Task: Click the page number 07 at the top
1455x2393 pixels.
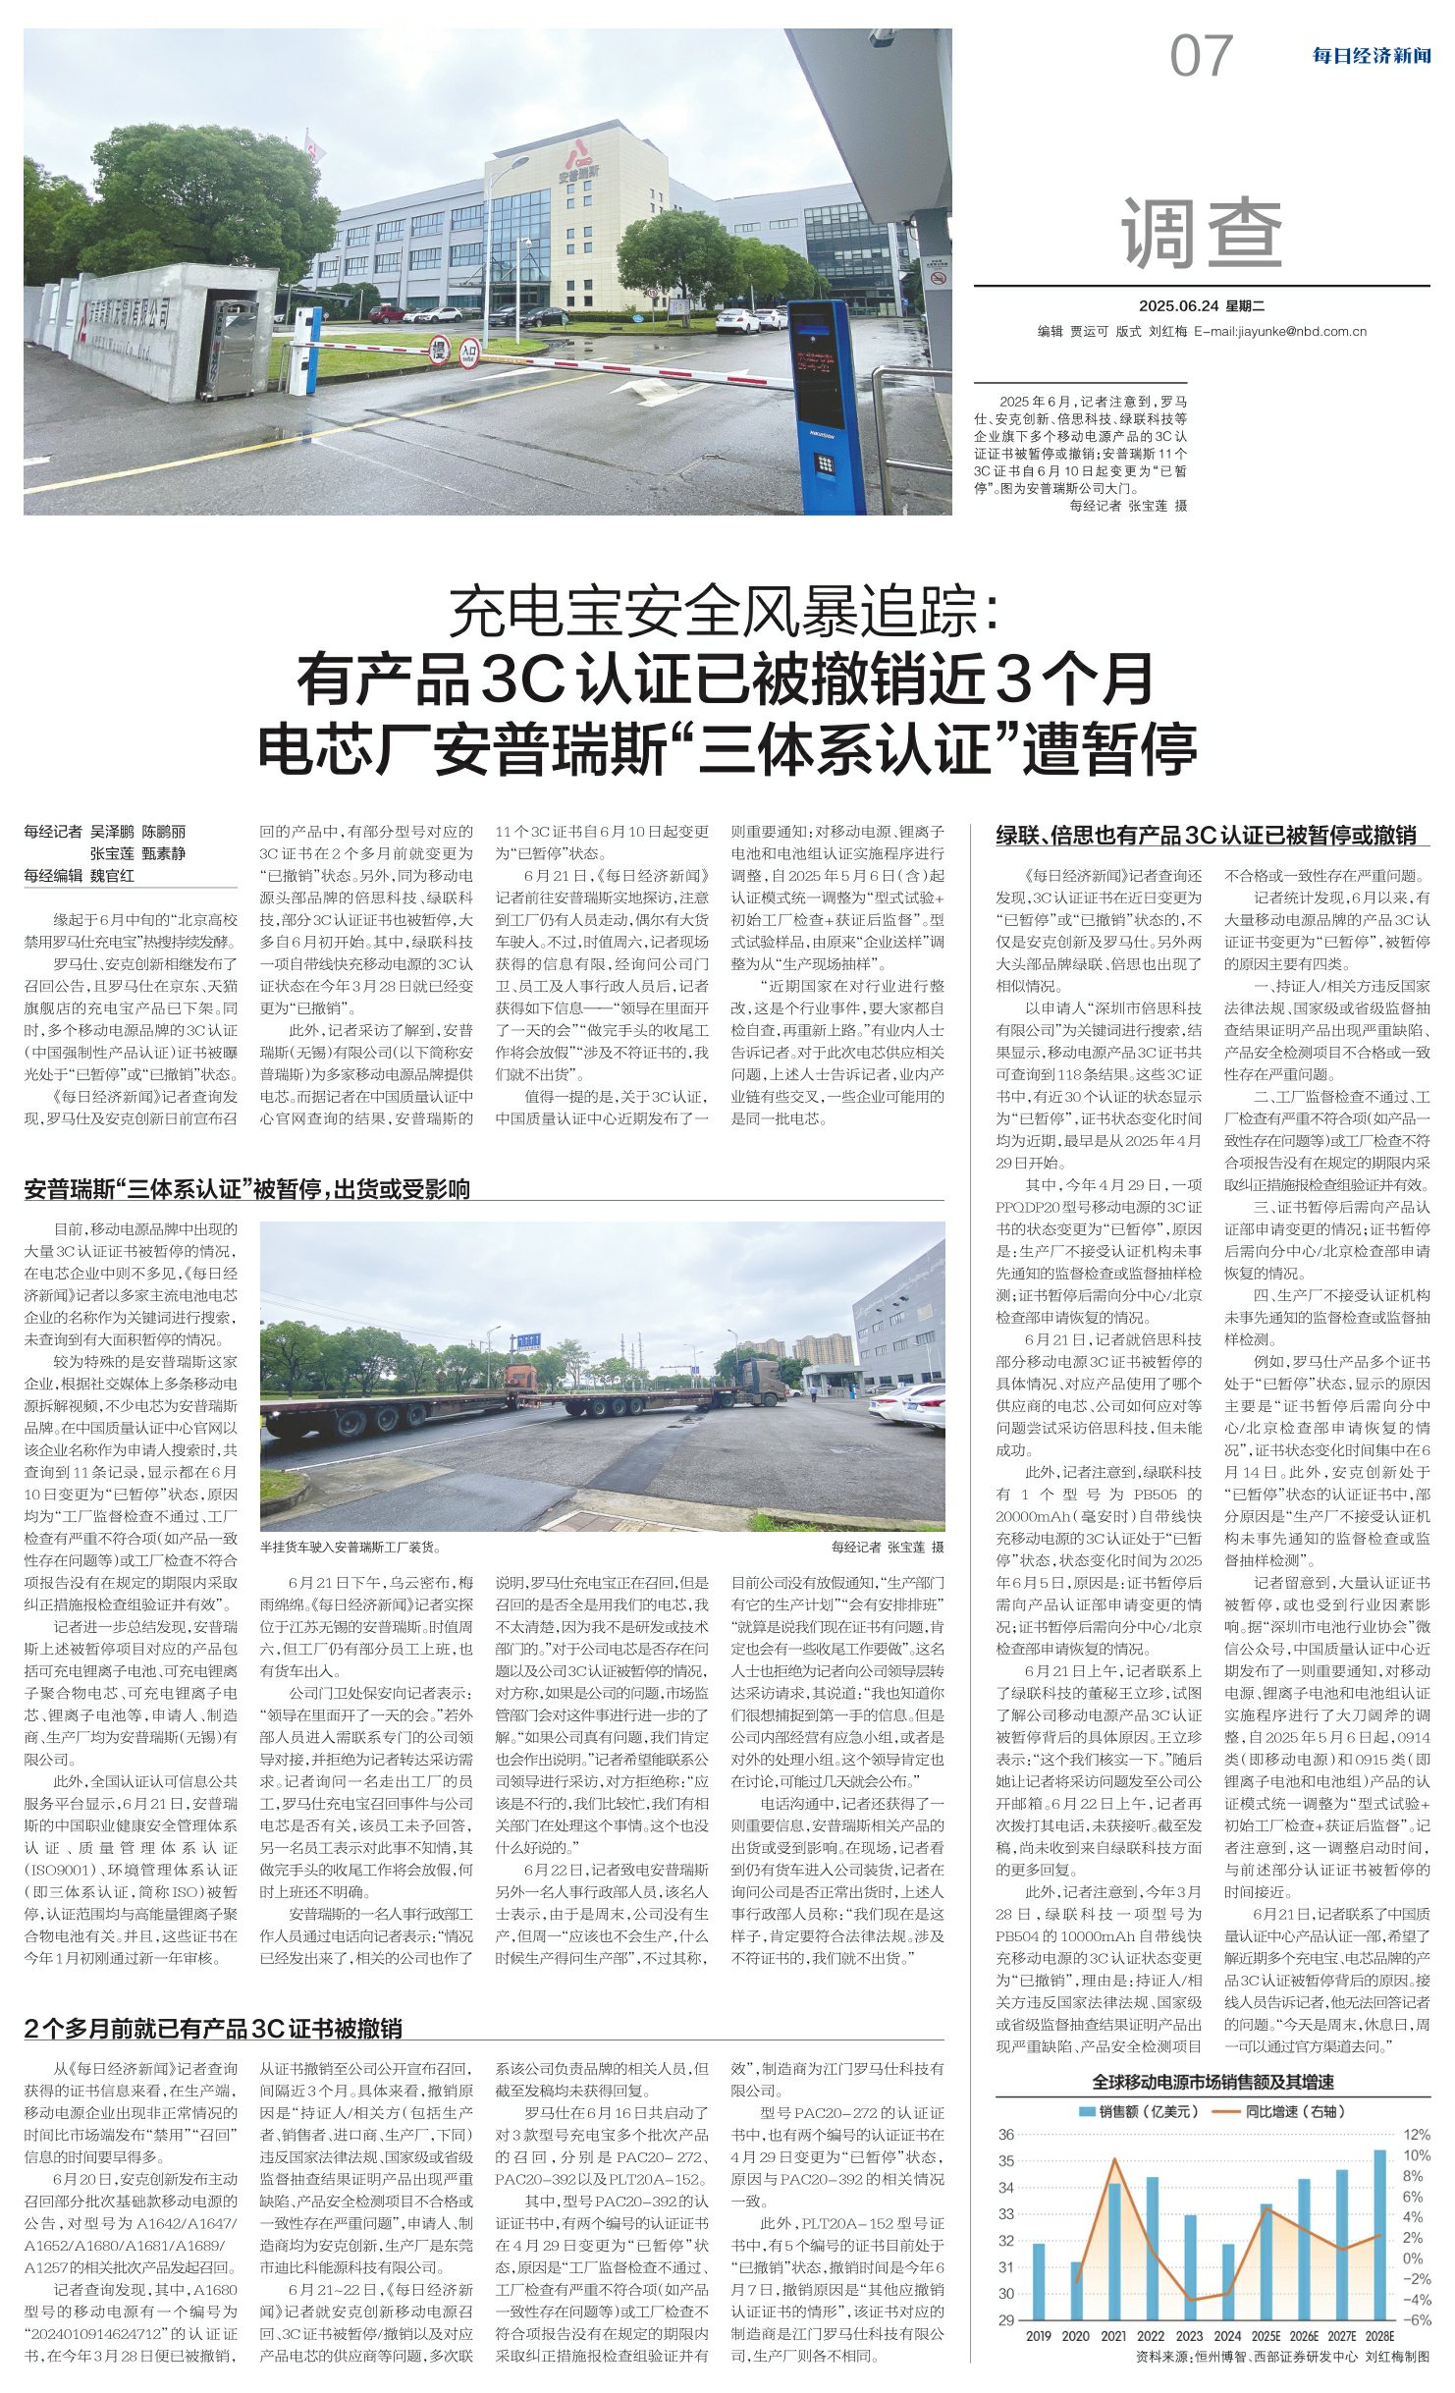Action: point(1200,56)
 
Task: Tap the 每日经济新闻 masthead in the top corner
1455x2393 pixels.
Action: point(1371,56)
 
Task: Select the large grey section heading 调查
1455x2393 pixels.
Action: point(1202,234)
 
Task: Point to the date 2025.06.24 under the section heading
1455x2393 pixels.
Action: point(1176,305)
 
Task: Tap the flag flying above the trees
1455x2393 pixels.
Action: point(315,148)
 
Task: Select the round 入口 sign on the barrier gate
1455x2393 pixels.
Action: point(469,349)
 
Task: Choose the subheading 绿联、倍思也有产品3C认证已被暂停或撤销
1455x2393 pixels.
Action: point(1207,836)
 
